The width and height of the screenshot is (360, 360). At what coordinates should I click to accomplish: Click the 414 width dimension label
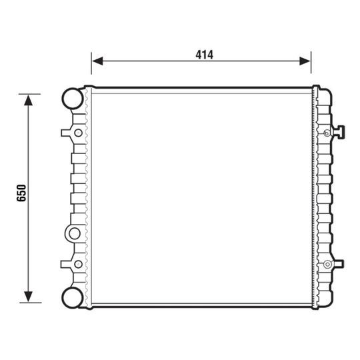click(205, 55)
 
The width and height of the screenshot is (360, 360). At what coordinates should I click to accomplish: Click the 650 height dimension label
click(21, 193)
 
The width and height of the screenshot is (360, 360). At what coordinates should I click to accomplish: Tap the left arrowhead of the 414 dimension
click(97, 61)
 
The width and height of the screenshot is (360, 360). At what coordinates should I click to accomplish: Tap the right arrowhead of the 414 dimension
click(305, 61)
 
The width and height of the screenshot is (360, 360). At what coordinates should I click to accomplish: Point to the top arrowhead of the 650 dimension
click(28, 101)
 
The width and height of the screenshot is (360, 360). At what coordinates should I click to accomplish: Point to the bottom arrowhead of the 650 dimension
click(28, 297)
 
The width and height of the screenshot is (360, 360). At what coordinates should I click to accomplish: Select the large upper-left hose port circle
click(73, 98)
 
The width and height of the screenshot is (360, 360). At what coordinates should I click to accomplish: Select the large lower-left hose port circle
click(73, 298)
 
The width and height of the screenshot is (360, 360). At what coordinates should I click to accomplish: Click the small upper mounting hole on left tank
click(78, 133)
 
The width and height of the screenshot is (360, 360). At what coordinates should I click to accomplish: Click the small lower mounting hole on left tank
click(78, 264)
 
